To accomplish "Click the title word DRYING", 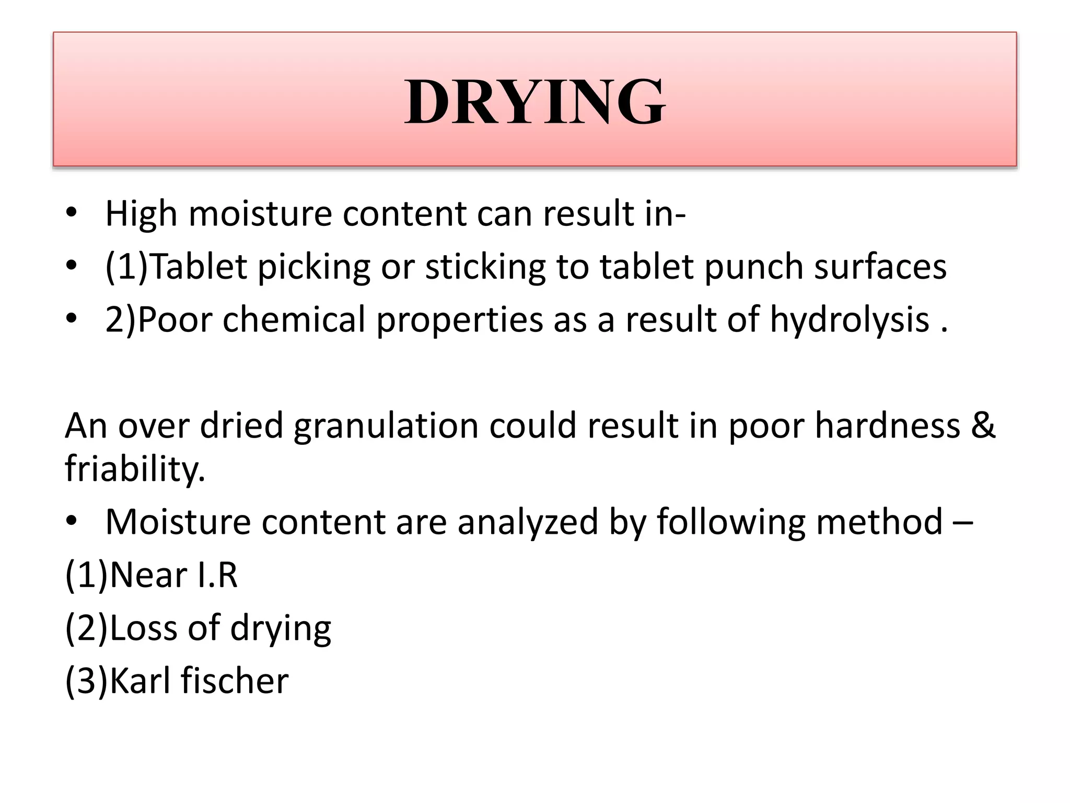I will (534, 101).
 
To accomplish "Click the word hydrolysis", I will (850, 319).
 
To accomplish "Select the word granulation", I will (386, 425).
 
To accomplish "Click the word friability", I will (135, 468).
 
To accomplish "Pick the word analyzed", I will (528, 522).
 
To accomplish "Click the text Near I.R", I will (173, 575).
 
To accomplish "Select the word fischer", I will (235, 681).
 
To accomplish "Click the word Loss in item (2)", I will (143, 628).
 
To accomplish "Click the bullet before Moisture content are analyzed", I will (72, 521).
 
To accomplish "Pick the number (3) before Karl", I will (86, 681).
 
